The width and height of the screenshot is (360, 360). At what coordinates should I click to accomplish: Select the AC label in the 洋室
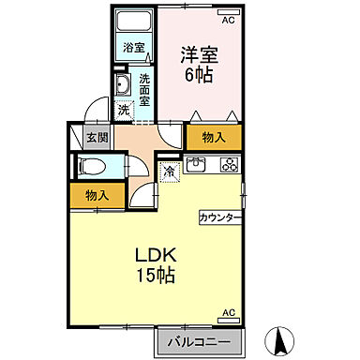pos(228,18)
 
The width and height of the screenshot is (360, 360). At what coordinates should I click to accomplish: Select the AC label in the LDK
pos(228,312)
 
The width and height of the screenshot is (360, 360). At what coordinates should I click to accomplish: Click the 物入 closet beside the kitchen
pos(214,138)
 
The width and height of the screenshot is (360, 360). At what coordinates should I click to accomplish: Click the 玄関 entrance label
pos(96,137)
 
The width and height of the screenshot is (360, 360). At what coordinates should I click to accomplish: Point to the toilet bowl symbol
pos(94,167)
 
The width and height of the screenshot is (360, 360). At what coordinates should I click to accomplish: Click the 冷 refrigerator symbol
pos(168,172)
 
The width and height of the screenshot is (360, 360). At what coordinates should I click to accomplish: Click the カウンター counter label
pos(220,217)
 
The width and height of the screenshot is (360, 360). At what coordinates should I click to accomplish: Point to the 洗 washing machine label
pos(124,110)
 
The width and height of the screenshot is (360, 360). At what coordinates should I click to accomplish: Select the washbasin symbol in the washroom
pos(124,86)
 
